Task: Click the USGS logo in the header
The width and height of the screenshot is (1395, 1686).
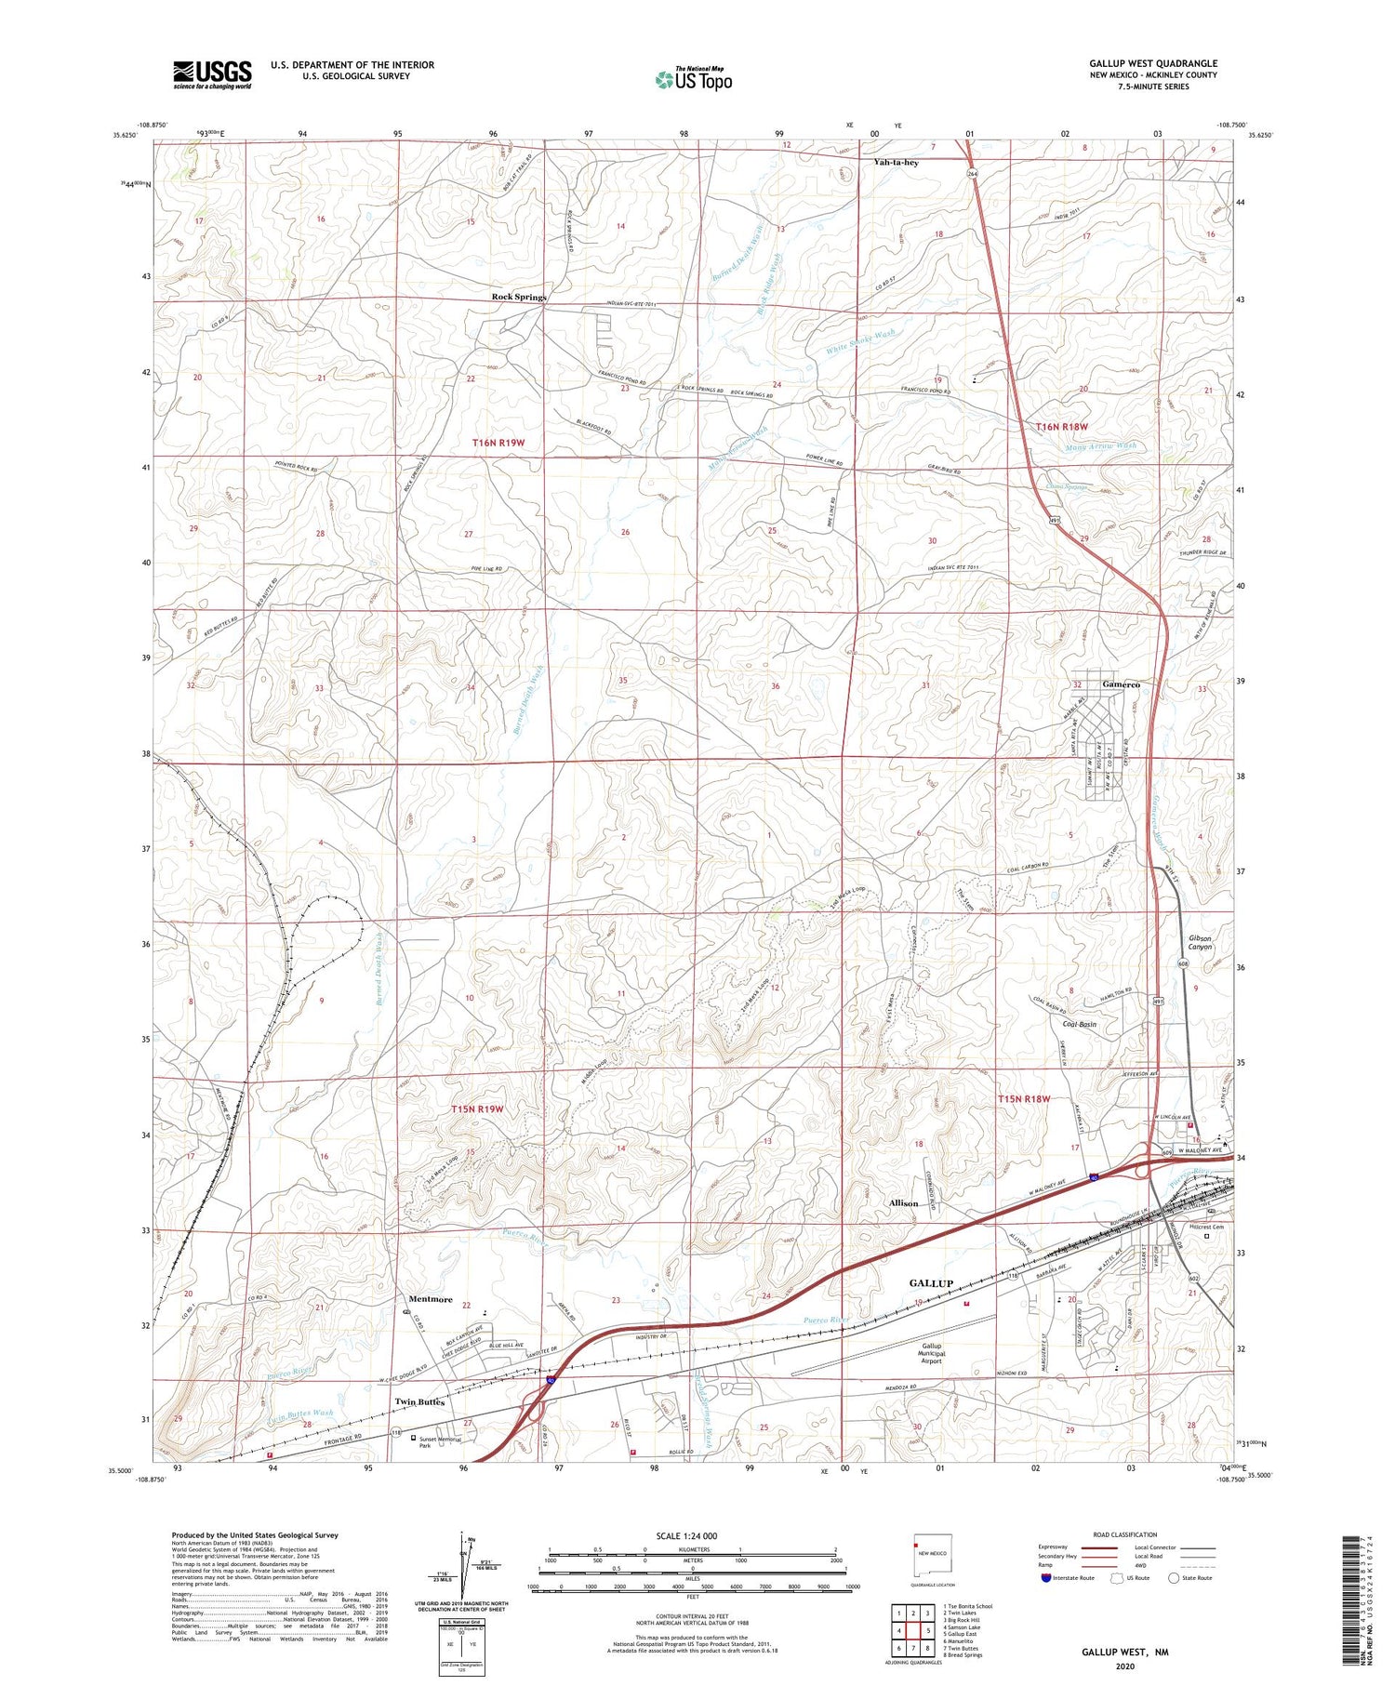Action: tap(212, 74)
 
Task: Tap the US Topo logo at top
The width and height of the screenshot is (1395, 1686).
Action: tap(694, 79)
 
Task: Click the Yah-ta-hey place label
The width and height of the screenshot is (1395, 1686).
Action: tap(896, 162)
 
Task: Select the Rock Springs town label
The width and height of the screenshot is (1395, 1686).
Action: tap(519, 297)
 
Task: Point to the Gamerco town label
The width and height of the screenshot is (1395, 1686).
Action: tap(1121, 684)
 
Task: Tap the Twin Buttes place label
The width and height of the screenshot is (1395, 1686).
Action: tap(419, 1401)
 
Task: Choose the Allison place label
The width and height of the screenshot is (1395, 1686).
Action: tap(903, 1203)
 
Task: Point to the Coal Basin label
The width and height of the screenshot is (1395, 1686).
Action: tap(1079, 1024)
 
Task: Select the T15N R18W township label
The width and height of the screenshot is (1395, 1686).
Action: tap(1024, 1099)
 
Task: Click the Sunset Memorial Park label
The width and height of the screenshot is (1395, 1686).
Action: tap(440, 1442)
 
